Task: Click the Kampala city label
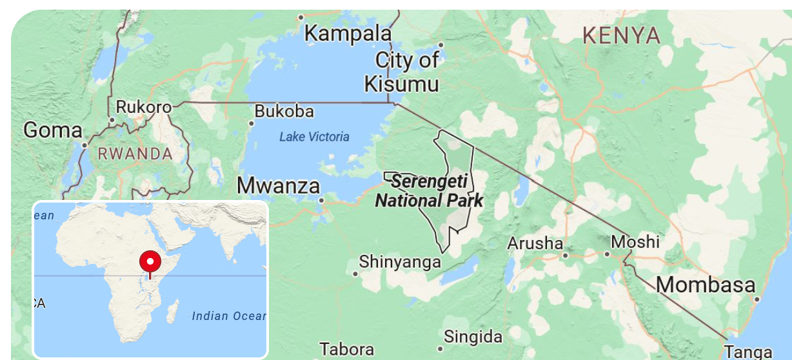[348, 33]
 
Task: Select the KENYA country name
[621, 35]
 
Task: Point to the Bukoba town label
[284, 112]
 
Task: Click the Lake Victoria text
[314, 137]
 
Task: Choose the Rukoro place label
[144, 107]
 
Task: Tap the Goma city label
[53, 130]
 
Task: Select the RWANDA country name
[135, 154]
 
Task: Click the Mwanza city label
[278, 186]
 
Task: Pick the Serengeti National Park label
[429, 191]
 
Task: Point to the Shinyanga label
[400, 262]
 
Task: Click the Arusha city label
[535, 244]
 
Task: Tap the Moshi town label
[635, 242]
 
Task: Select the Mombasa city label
[706, 285]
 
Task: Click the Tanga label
[747, 352]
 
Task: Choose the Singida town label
[473, 336]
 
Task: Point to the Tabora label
[346, 350]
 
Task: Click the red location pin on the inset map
[150, 263]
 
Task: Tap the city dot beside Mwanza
[321, 200]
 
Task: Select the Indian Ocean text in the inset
[228, 316]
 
